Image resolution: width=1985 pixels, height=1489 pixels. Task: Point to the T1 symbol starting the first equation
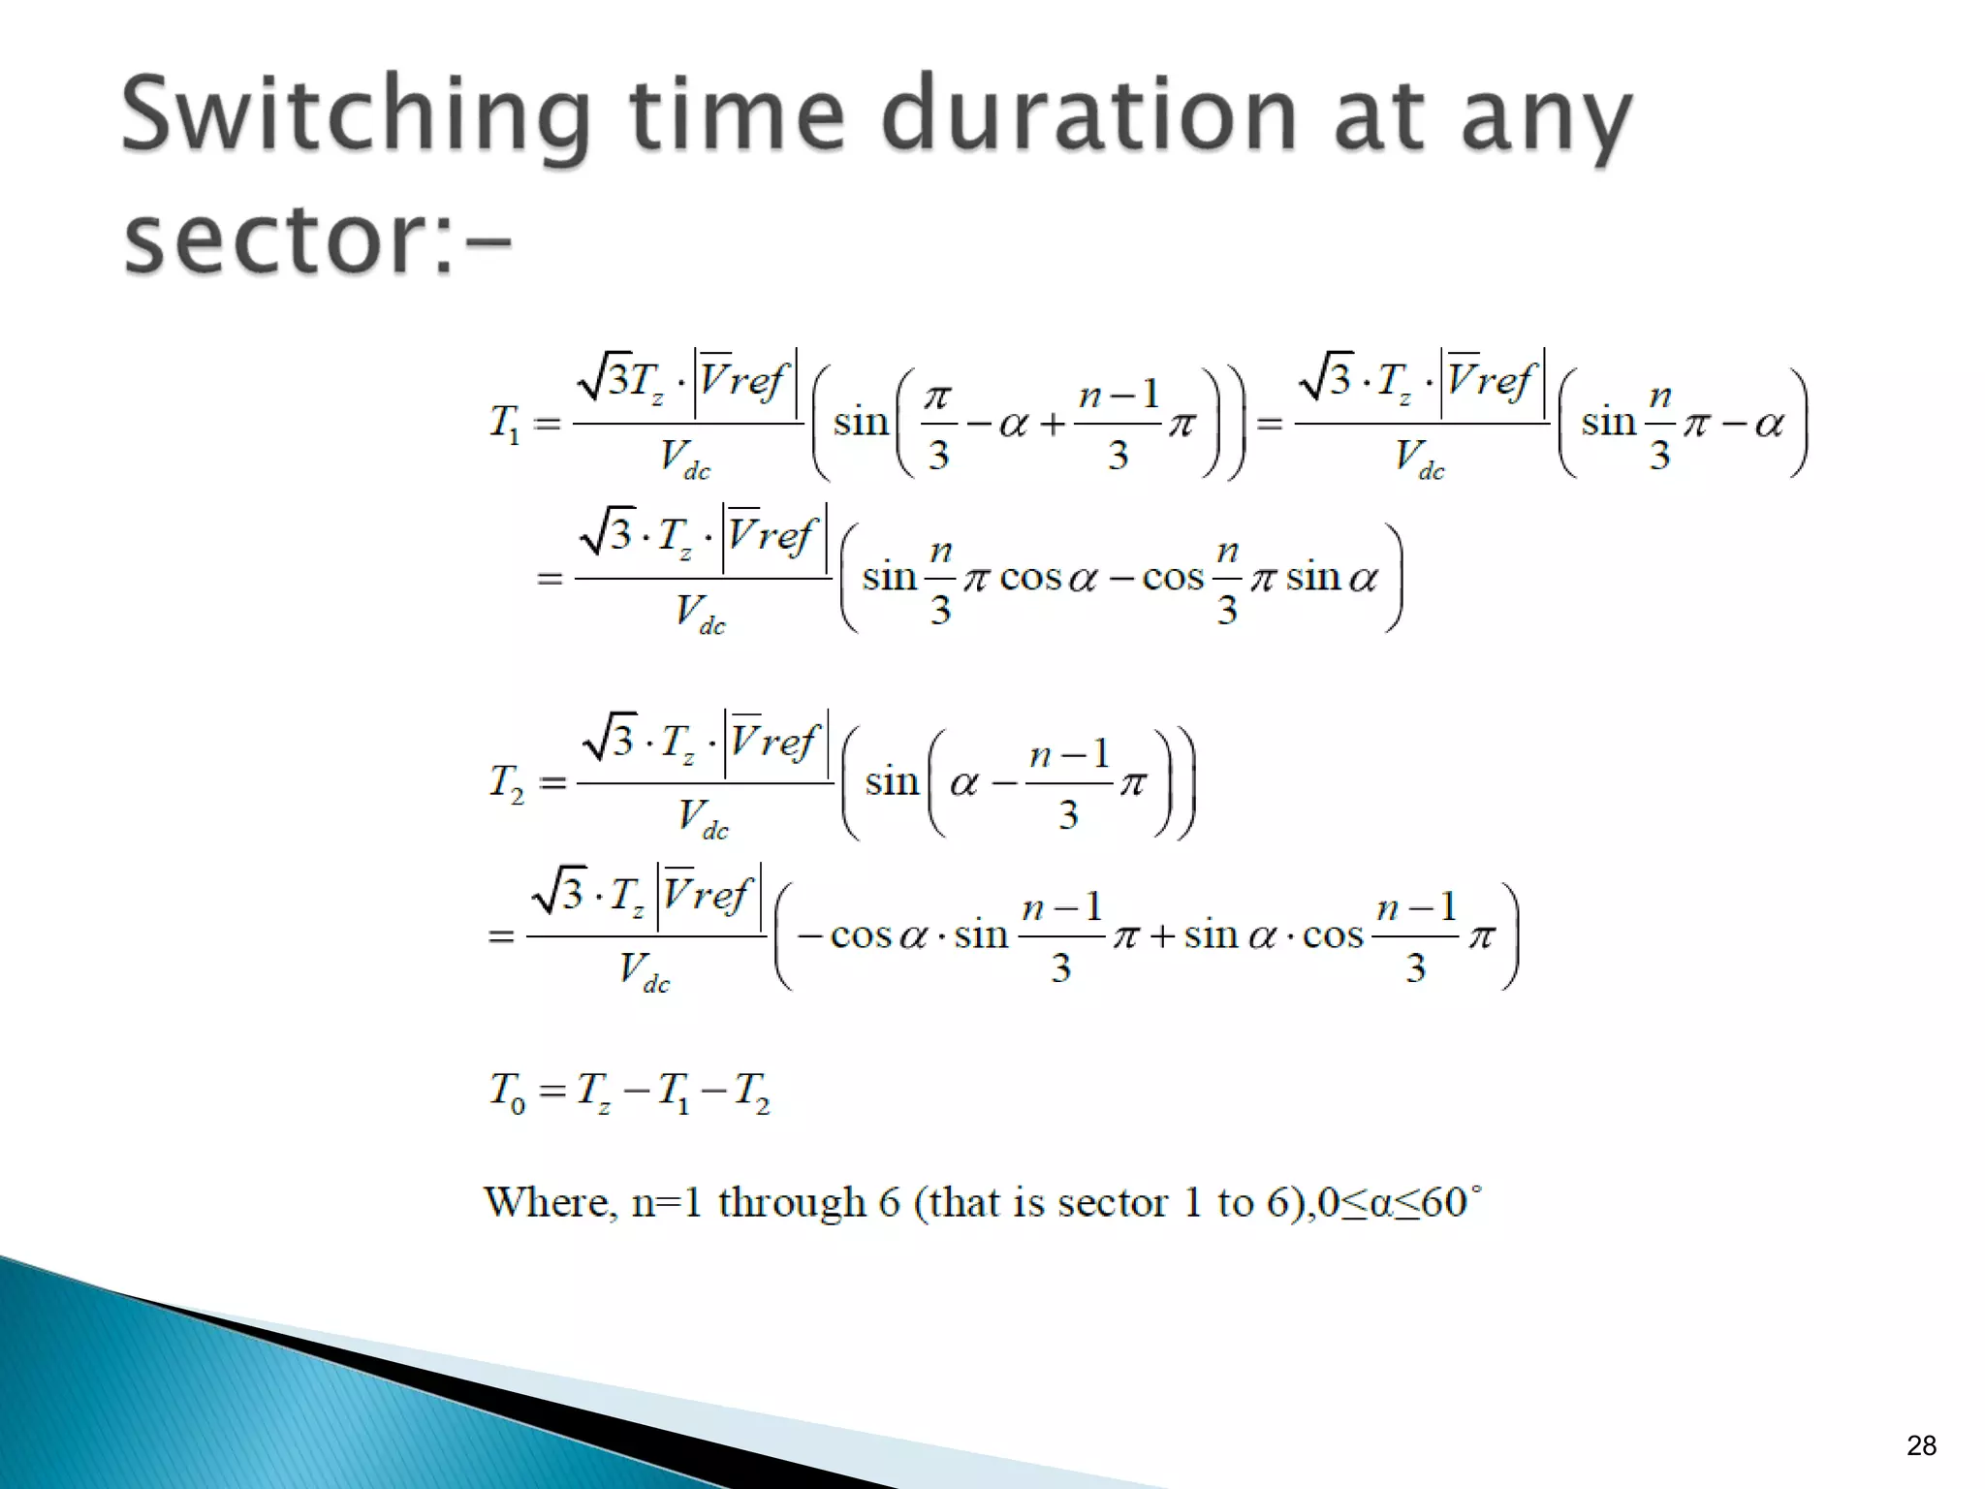click(504, 424)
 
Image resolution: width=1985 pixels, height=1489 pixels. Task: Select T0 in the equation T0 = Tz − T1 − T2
click(506, 1092)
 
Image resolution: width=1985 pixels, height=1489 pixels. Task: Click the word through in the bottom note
click(791, 1203)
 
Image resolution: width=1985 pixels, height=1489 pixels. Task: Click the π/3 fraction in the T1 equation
click(937, 425)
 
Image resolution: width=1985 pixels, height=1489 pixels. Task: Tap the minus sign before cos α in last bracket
click(810, 936)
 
